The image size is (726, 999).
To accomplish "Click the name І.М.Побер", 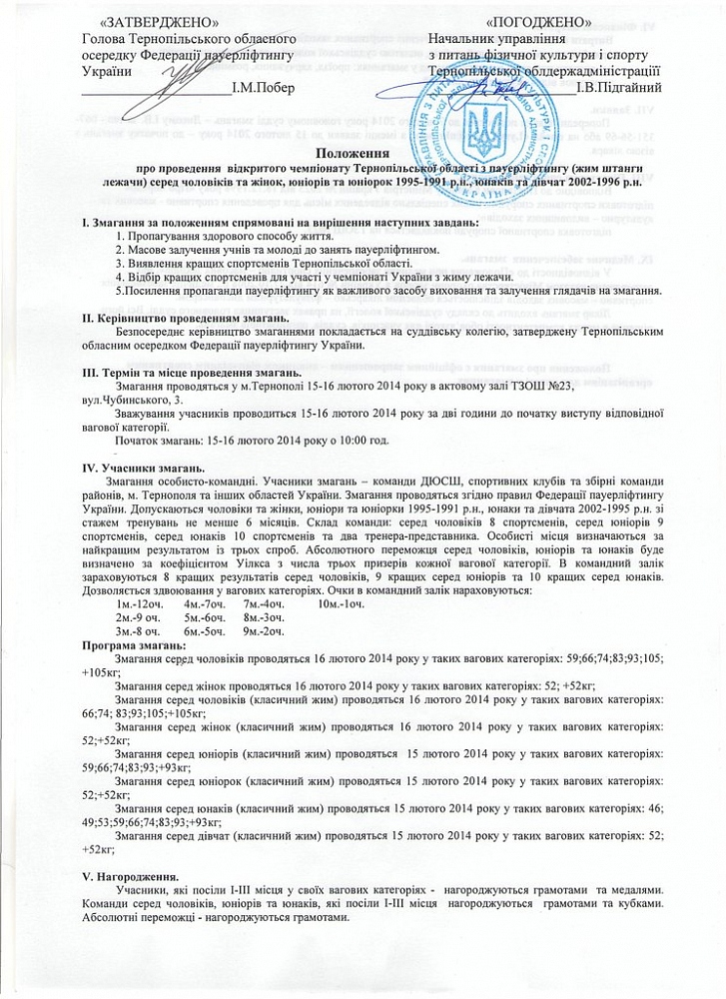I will [x=262, y=89].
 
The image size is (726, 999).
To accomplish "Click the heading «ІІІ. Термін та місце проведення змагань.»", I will [x=194, y=371].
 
